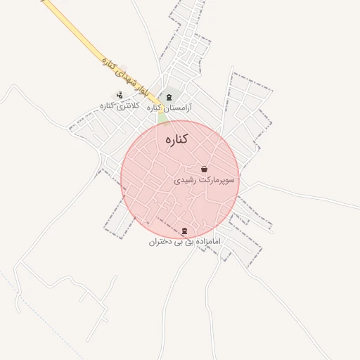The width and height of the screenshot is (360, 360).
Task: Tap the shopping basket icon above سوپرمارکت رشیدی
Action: click(204, 169)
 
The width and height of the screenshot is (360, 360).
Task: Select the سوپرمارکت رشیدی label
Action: click(205, 181)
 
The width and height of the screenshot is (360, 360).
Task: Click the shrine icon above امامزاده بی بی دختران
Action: click(184, 231)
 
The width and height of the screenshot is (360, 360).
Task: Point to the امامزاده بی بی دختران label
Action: click(184, 242)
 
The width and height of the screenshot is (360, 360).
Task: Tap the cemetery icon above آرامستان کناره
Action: click(168, 97)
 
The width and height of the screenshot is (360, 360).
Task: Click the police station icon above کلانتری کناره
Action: click(119, 95)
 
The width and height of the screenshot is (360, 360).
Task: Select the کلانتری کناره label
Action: click(117, 106)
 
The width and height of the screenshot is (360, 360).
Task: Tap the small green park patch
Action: click(163, 118)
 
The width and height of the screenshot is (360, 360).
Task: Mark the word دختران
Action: click(160, 242)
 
